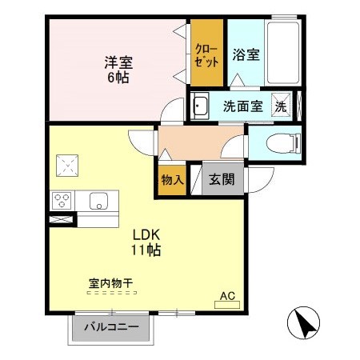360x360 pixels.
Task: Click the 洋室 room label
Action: tap(117, 62)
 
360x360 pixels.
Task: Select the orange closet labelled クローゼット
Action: tap(207, 54)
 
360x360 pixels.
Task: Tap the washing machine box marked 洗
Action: tap(282, 106)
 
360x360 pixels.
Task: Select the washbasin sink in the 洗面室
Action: tap(200, 106)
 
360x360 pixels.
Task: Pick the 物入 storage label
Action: tap(172, 180)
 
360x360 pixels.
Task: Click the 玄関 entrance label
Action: tap(222, 180)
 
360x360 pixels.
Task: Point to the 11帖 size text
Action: tap(147, 250)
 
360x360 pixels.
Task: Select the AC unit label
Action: tap(229, 296)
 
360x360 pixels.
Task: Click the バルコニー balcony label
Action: tap(110, 328)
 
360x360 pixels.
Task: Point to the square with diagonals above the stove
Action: tap(67, 166)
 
